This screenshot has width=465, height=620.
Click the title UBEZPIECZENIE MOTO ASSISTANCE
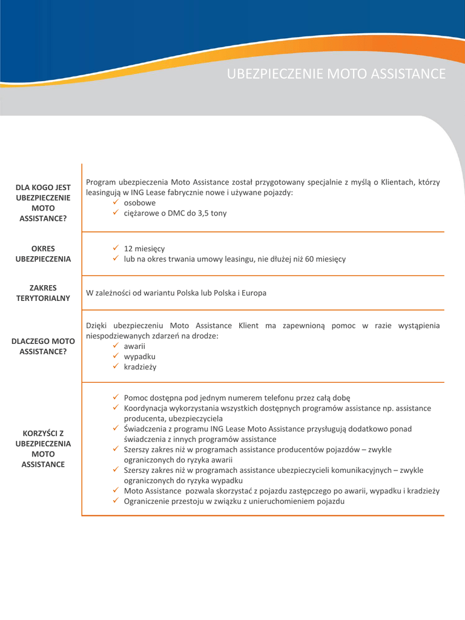(336, 74)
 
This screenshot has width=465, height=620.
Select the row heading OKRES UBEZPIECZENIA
(43, 254)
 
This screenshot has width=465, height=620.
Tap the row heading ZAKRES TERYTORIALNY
(43, 292)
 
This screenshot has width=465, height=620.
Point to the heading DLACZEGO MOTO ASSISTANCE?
(43, 346)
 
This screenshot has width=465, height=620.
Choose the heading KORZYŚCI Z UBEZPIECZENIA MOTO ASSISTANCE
(43, 449)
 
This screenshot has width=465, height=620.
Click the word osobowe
(139, 203)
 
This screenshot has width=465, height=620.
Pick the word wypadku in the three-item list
(139, 356)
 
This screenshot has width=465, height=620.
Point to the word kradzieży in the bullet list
(140, 366)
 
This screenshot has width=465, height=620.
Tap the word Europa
(254, 293)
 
